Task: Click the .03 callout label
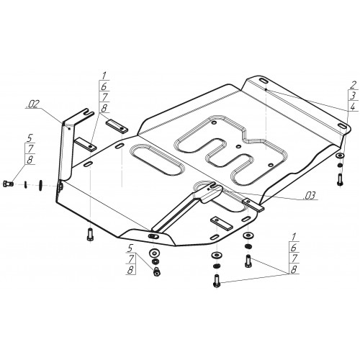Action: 309,196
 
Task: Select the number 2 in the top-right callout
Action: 353,85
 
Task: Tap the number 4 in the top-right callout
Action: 352,107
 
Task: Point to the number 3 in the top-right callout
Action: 353,96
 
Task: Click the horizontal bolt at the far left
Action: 8,184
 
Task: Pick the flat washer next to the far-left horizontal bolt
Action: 40,184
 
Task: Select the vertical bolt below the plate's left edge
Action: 90,234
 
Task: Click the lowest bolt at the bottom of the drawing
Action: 216,281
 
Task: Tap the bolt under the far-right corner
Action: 340,179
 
